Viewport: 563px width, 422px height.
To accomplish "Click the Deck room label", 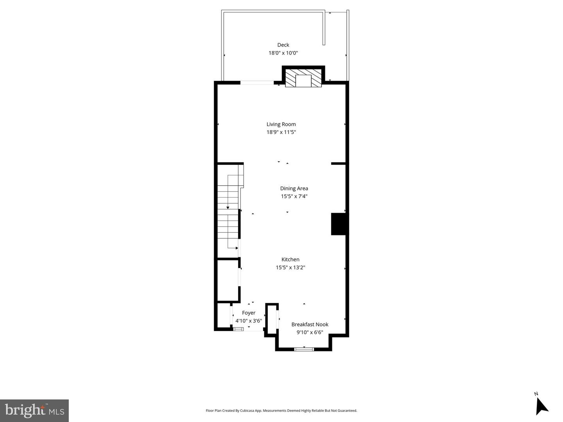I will (283, 45).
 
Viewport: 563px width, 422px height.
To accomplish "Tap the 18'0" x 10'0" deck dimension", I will (283, 53).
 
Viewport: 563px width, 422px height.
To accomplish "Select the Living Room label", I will (281, 124).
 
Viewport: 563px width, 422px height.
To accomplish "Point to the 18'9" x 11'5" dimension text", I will (281, 132).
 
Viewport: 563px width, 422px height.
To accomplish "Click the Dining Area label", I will (294, 188).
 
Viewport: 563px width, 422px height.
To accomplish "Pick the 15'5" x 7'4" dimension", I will (294, 196).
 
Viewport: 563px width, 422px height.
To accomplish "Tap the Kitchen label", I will (290, 259).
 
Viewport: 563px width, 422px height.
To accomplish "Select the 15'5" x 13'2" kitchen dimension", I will (290, 267).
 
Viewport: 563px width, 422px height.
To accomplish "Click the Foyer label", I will (249, 313).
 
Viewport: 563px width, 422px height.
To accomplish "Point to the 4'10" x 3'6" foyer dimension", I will (249, 321).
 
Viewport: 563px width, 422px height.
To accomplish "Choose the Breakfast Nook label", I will (310, 324).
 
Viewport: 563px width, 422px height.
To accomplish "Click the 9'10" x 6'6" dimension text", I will (310, 333).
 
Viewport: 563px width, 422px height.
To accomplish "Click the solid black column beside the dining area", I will (339, 224).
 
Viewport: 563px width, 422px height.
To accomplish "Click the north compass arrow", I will (541, 406).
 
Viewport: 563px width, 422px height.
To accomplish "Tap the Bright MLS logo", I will (34, 410).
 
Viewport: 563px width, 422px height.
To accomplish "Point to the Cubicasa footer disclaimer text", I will (281, 411).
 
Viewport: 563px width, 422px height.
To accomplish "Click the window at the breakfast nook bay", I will (304, 349).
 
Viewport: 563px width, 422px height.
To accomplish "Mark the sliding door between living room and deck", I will (257, 82).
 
